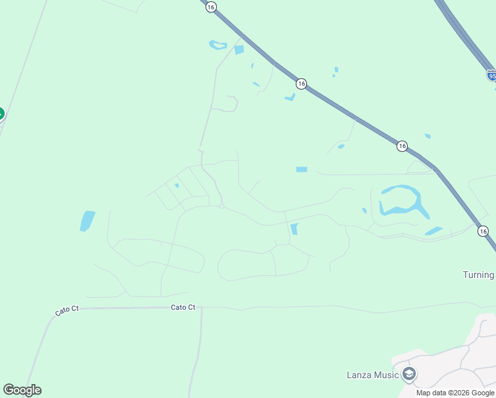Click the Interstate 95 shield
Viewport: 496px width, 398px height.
pos(491,76)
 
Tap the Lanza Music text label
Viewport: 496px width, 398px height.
pos(373,375)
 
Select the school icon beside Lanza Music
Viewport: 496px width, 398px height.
pos(409,375)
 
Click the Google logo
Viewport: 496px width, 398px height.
pos(22,390)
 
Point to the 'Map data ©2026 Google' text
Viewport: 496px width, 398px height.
pos(456,393)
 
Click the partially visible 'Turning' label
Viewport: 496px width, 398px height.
pos(478,275)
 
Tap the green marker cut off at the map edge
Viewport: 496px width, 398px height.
pos(1,113)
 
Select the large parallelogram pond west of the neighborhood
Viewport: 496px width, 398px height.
pos(87,221)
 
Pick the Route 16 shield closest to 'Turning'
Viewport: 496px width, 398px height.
pos(483,231)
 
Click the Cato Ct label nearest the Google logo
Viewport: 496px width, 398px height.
pos(66,310)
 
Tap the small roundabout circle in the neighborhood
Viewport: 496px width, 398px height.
pos(222,206)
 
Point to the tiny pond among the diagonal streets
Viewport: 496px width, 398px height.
pos(176,186)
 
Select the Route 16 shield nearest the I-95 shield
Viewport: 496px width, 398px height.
pos(402,146)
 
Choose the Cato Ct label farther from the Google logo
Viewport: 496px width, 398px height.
pos(183,307)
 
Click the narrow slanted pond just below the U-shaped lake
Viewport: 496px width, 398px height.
pos(434,231)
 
